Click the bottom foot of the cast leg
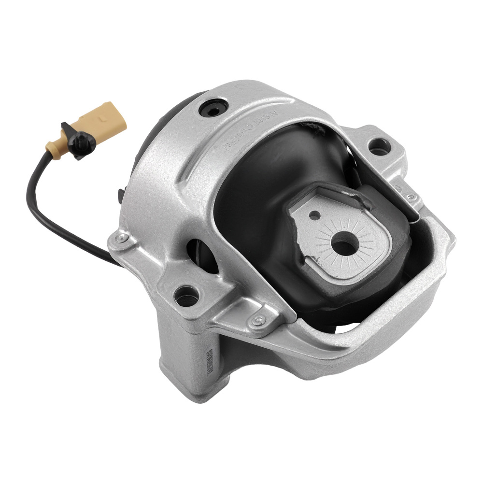193,401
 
